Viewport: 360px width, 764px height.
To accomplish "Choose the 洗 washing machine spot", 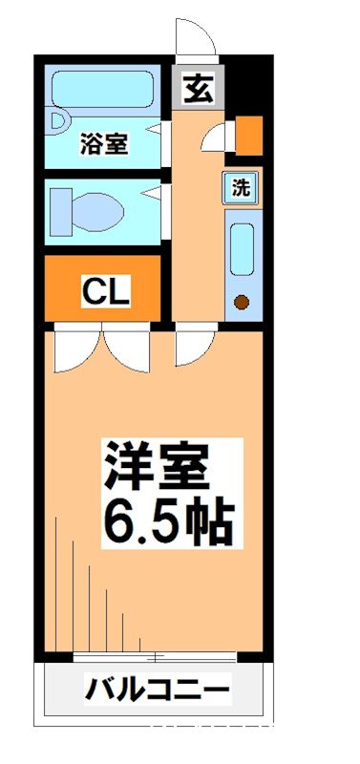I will (243, 188).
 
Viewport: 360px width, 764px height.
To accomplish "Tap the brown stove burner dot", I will (242, 303).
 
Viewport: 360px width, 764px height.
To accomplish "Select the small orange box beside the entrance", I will (248, 135).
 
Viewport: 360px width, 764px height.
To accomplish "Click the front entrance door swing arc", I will (196, 38).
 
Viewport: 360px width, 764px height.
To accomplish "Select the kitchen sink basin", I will (242, 252).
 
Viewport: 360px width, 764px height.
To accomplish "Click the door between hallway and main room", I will (189, 348).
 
